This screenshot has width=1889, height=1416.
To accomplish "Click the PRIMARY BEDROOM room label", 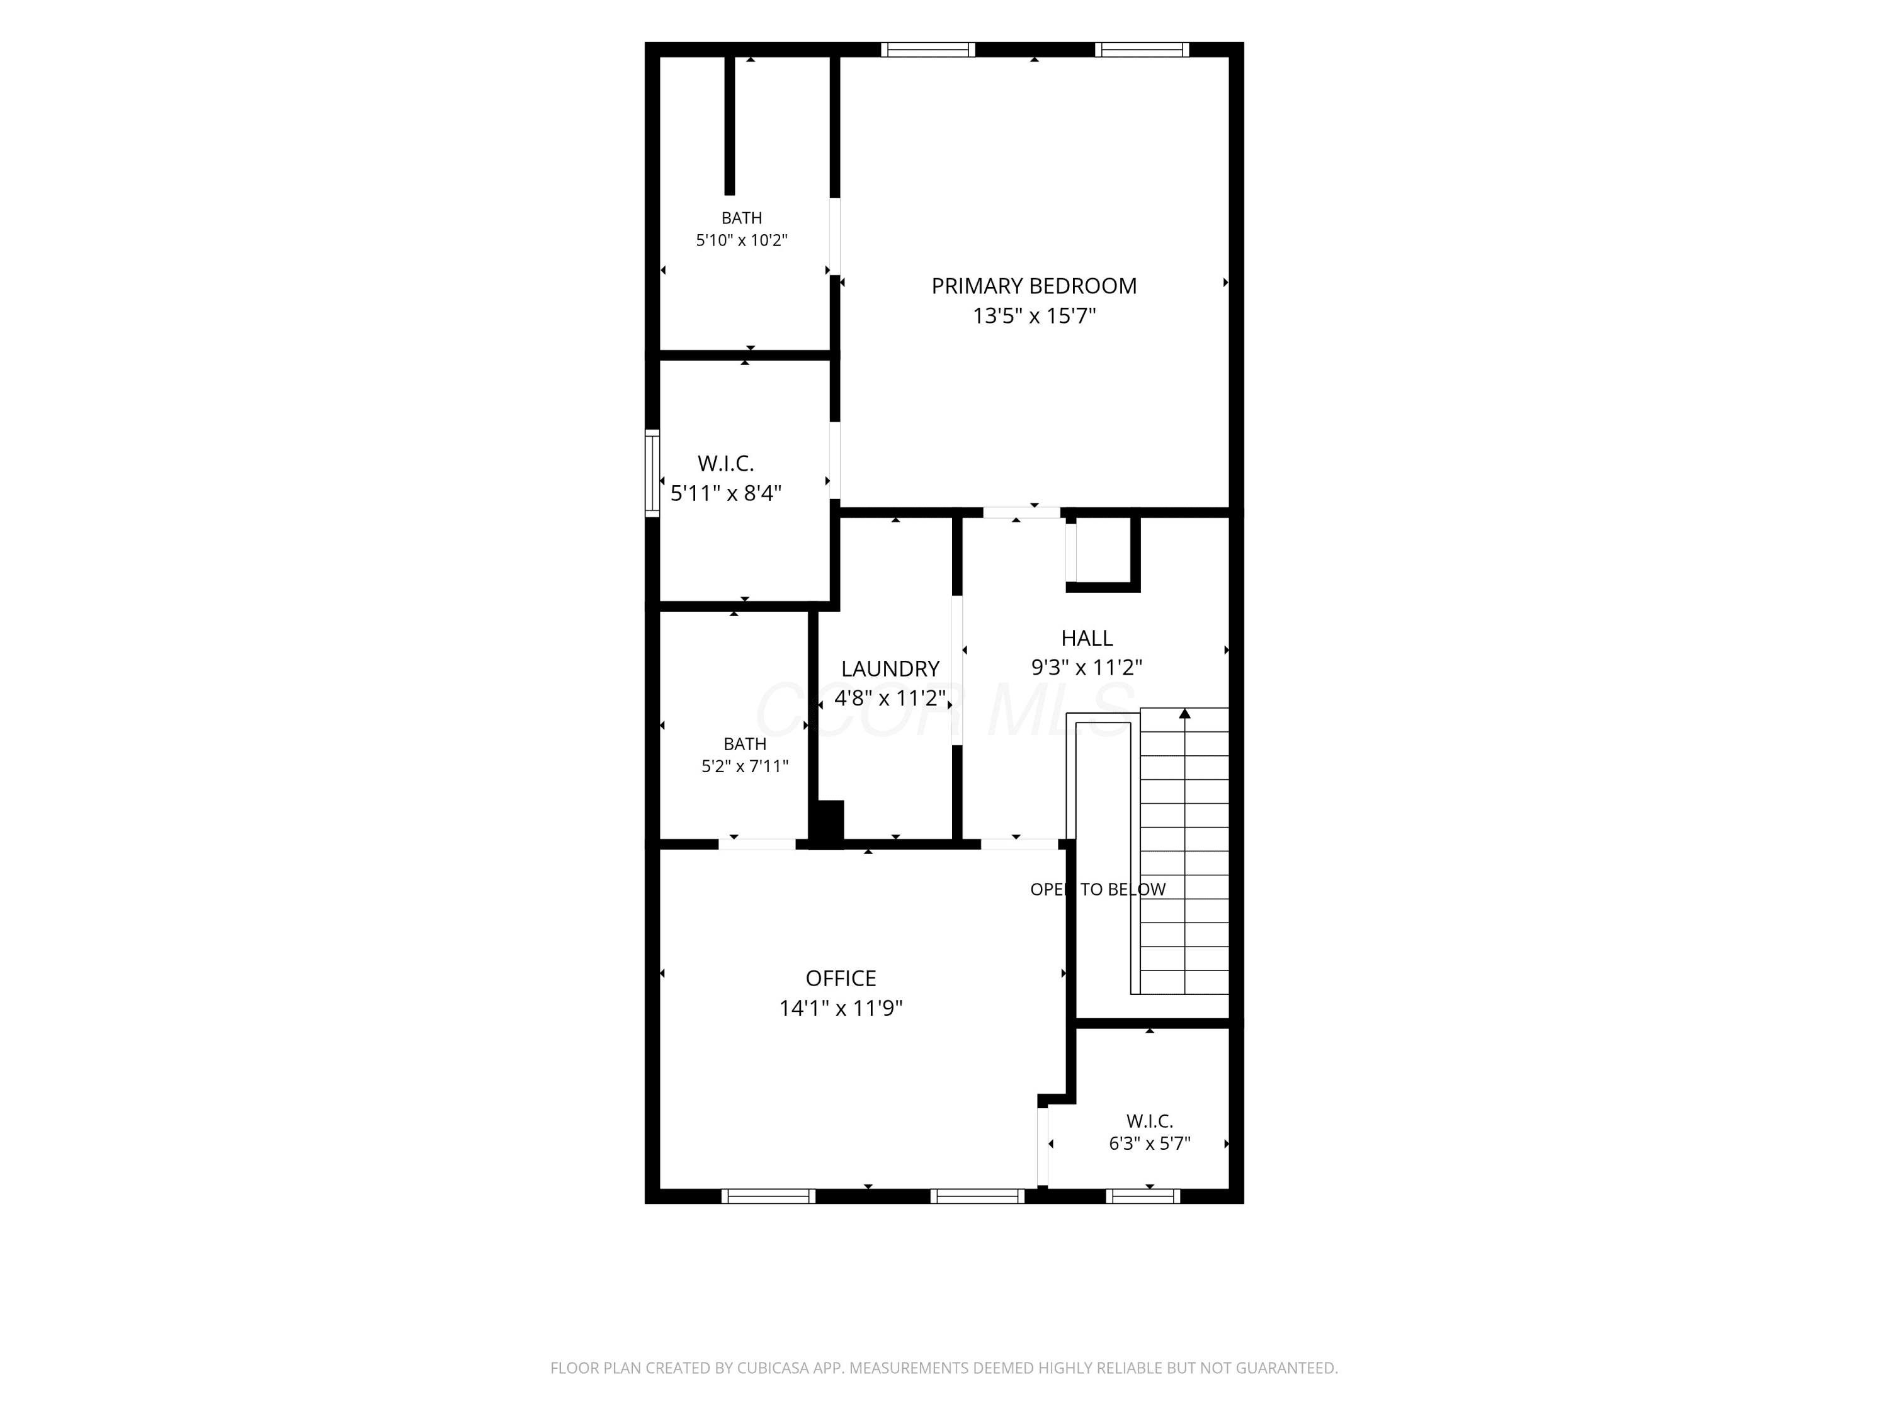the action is (1033, 286).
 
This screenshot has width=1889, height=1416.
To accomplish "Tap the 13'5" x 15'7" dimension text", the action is (1033, 316).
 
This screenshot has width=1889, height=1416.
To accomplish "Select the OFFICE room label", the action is (841, 978).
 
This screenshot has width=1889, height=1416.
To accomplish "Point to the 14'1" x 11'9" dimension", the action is (841, 1008).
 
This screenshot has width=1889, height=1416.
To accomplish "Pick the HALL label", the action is (1086, 638).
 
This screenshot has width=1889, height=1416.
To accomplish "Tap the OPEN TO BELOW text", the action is (1098, 889).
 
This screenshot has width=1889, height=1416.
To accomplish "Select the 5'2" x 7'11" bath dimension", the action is (745, 767).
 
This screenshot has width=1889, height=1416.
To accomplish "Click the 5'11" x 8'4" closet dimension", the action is (726, 493).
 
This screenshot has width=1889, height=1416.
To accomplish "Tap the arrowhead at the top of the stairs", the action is (1184, 714).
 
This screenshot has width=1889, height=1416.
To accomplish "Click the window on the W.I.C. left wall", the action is (652, 473).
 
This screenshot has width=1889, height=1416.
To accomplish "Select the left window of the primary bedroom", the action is (928, 50).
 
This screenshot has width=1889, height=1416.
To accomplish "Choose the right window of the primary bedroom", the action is (1143, 50).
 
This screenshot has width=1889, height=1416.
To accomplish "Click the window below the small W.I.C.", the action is (1143, 1196).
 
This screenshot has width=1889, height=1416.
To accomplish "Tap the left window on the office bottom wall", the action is (769, 1196).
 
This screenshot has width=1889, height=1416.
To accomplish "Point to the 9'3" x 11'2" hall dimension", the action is (1086, 668).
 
